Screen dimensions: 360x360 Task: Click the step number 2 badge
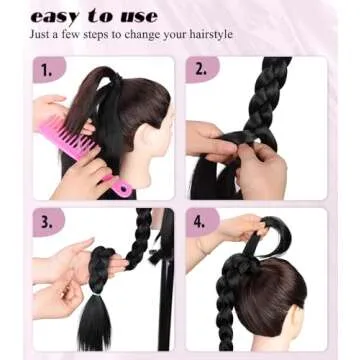[x=201, y=70]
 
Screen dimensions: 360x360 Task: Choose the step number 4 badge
[x=201, y=221]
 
